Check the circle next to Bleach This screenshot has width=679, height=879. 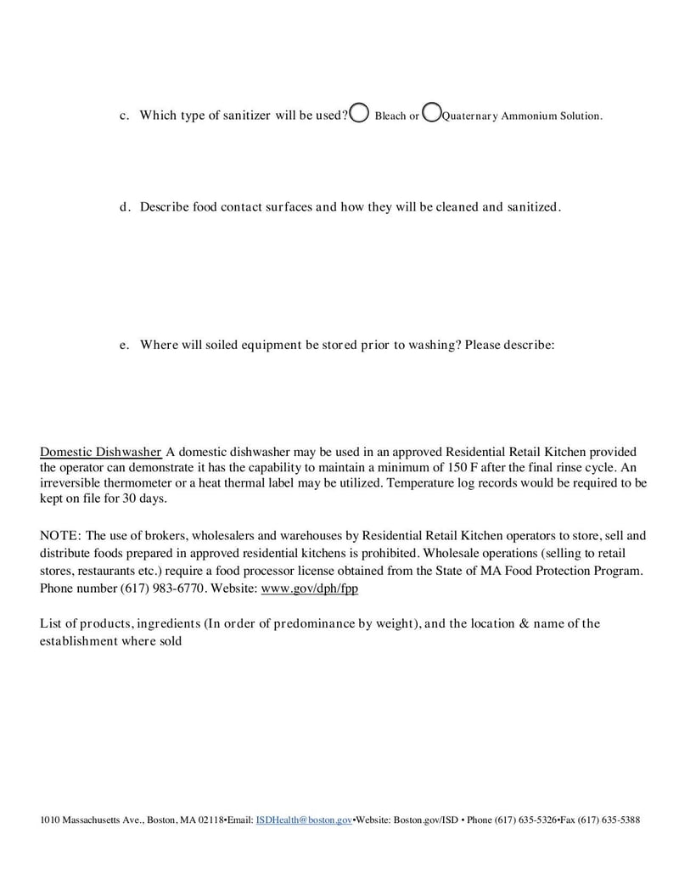[x=359, y=114]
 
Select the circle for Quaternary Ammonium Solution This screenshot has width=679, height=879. [x=431, y=113]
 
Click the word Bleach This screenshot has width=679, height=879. [x=390, y=116]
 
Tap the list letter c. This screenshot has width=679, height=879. [x=123, y=116]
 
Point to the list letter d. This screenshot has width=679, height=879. [x=123, y=206]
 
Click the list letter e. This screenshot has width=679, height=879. [x=123, y=345]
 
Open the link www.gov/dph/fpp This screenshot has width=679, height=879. [x=309, y=588]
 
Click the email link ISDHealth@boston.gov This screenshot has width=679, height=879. [x=304, y=820]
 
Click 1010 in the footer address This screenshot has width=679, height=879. [x=50, y=820]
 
